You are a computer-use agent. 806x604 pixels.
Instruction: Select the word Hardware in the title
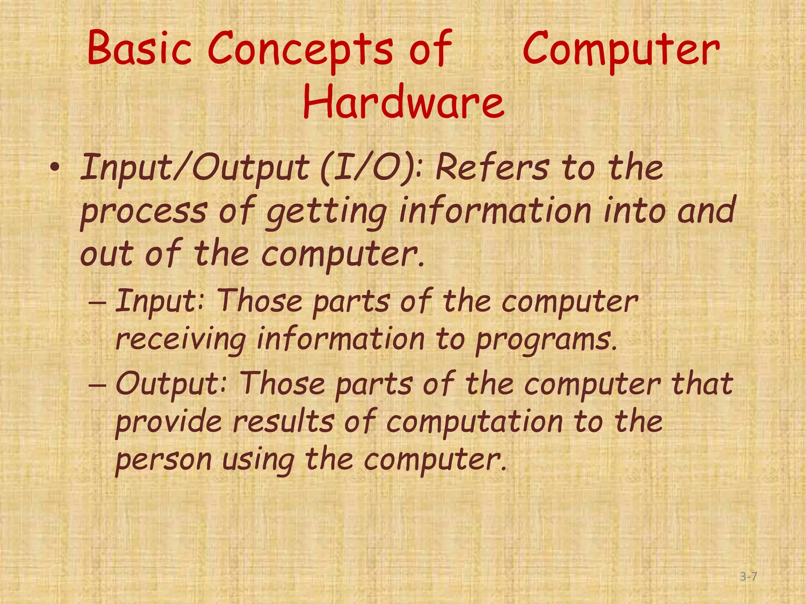tap(403, 103)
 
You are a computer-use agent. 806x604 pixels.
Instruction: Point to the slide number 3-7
tap(748, 577)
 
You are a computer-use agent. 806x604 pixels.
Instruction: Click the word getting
tap(326, 212)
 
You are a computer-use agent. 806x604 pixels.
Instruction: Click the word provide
tap(168, 422)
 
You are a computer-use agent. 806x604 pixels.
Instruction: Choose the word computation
tap(475, 422)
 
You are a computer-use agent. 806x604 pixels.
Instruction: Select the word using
tap(258, 461)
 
